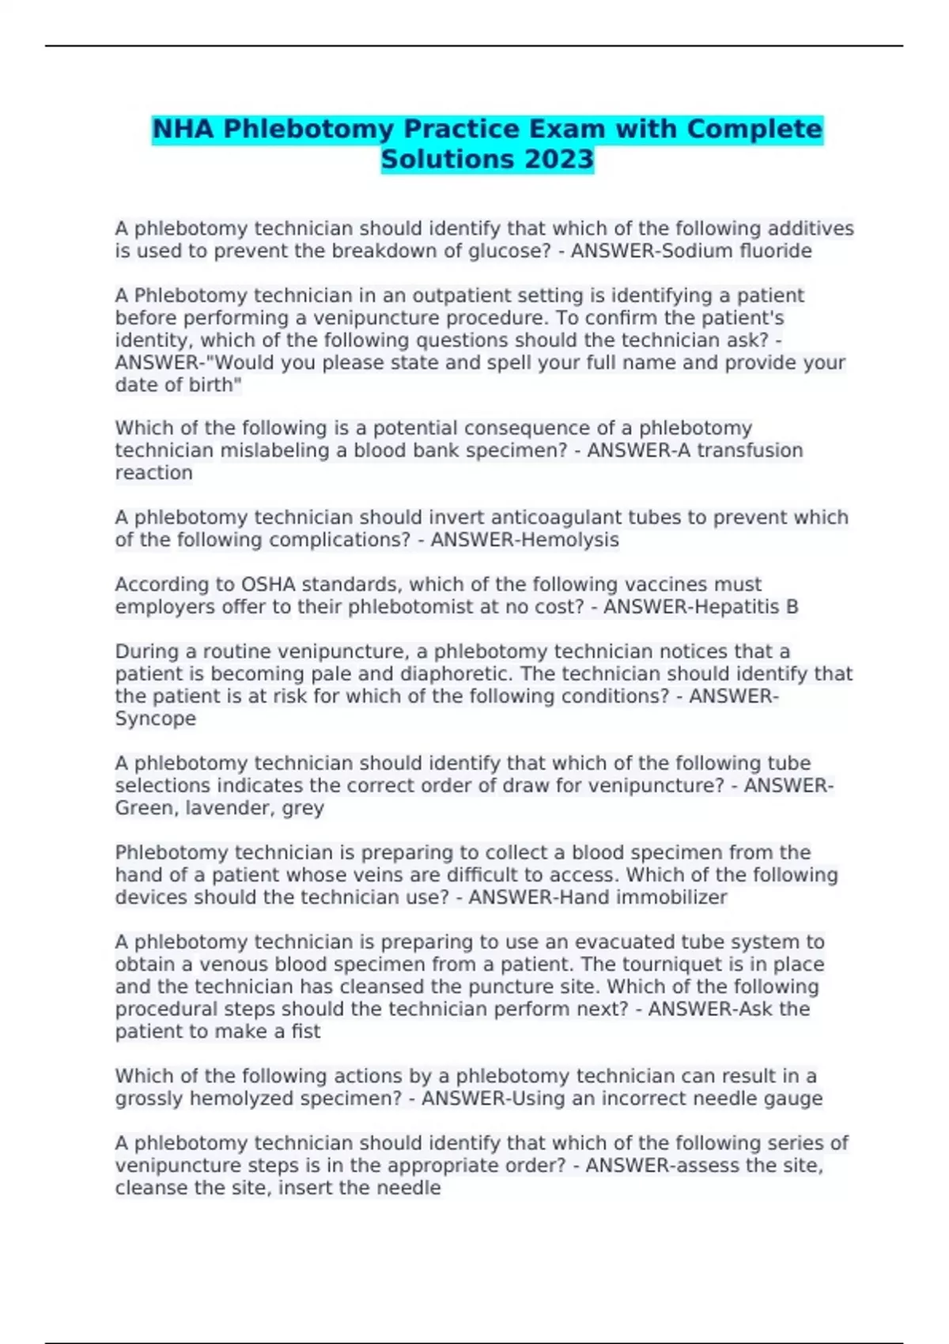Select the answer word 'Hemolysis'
pyautogui.click(x=565, y=540)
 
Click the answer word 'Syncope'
pyautogui.click(x=156, y=719)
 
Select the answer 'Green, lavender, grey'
pyautogui.click(x=220, y=808)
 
